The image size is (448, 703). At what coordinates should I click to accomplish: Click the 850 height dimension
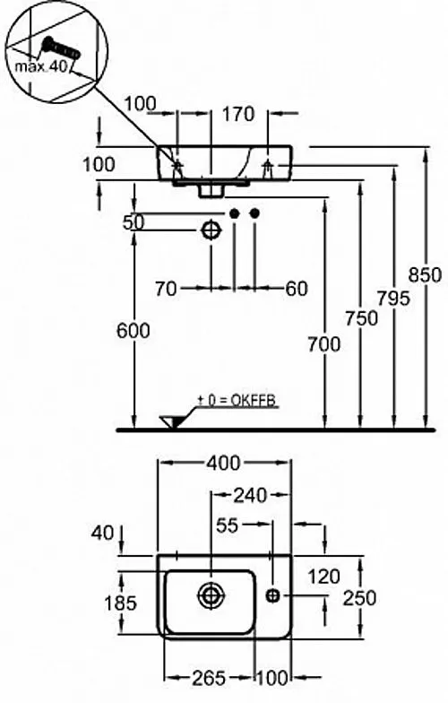coord(425,274)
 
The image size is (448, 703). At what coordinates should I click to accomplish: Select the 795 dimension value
coord(392,298)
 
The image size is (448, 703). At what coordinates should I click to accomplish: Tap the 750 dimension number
coord(361,318)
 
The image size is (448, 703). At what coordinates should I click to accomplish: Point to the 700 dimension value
coord(324,344)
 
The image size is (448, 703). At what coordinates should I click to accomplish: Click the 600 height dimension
coord(133,331)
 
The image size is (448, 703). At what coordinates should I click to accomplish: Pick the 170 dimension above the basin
coord(238,114)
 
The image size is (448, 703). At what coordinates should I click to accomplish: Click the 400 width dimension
coord(223,463)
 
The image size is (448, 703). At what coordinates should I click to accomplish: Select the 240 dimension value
coord(250,495)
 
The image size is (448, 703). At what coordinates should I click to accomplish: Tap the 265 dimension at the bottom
coord(209,678)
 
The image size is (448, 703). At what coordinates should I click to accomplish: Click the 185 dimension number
coord(120,603)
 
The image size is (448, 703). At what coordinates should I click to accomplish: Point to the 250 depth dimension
coord(359,598)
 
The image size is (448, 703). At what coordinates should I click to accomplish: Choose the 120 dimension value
coord(324,577)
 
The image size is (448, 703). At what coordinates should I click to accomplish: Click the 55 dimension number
coord(228,525)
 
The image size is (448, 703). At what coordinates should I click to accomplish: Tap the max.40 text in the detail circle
coord(41,66)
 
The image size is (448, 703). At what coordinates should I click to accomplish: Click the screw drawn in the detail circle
coord(61,48)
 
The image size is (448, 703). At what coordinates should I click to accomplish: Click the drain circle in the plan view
coord(211,595)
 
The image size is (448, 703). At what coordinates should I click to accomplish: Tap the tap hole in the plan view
coord(272,595)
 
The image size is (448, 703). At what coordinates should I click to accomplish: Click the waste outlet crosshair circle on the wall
coord(211,231)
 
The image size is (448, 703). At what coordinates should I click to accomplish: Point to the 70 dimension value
coord(166,289)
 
